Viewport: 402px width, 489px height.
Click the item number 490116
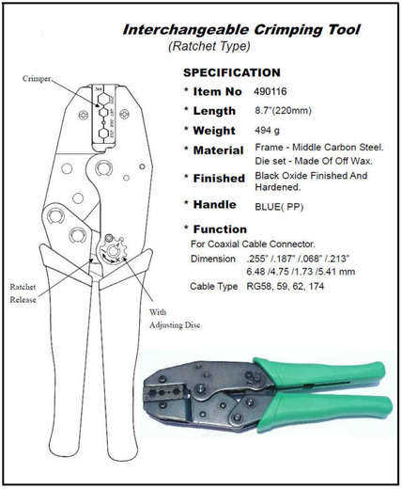(271, 91)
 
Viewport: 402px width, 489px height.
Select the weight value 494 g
(267, 130)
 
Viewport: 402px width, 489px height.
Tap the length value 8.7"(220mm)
(283, 111)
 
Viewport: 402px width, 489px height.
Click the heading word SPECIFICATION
(232, 72)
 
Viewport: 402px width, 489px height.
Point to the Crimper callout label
(37, 79)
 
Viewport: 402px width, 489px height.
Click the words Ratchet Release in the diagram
(23, 293)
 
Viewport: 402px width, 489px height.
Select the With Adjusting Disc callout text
(175, 319)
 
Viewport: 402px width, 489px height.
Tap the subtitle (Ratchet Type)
(209, 46)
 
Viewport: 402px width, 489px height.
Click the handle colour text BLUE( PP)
(279, 207)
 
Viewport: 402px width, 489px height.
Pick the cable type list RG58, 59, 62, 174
(286, 286)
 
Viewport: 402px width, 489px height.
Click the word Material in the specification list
(218, 150)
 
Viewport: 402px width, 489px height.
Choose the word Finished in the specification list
(219, 179)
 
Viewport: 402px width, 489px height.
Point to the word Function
(220, 229)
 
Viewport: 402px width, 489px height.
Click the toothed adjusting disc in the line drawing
(113, 250)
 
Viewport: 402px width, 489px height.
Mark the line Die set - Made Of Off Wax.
(314, 161)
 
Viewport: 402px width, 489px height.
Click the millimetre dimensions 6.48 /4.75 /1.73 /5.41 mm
(301, 272)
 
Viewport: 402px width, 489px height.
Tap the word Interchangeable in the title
(186, 30)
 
